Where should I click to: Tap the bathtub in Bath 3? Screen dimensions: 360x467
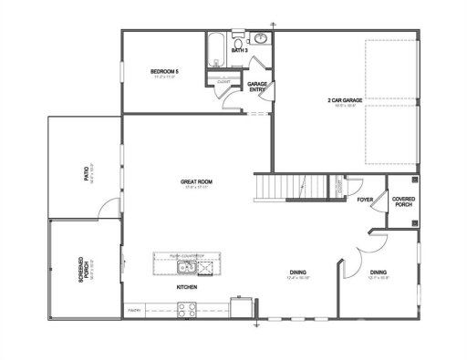[x=218, y=46]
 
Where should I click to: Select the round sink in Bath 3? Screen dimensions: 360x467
[x=259, y=39]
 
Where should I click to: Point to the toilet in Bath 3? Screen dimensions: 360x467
[x=239, y=42]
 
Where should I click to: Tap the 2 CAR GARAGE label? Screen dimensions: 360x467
[x=342, y=99]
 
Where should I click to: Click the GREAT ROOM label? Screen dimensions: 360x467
[x=196, y=182]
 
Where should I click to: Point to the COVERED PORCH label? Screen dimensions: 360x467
[x=403, y=200]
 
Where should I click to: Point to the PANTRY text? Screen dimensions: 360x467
[x=134, y=310]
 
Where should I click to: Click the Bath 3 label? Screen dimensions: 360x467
[x=239, y=52]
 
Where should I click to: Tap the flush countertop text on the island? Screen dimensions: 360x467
[x=188, y=256]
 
